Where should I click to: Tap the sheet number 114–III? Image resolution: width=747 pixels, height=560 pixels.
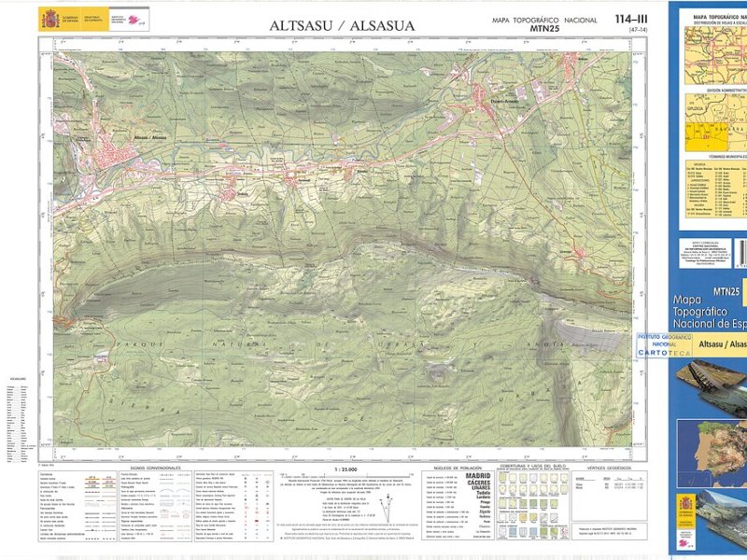click(x=631, y=20)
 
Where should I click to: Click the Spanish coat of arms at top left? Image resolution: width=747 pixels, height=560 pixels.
click(x=48, y=19)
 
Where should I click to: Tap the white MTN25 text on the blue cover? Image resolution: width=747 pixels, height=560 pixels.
click(x=725, y=291)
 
